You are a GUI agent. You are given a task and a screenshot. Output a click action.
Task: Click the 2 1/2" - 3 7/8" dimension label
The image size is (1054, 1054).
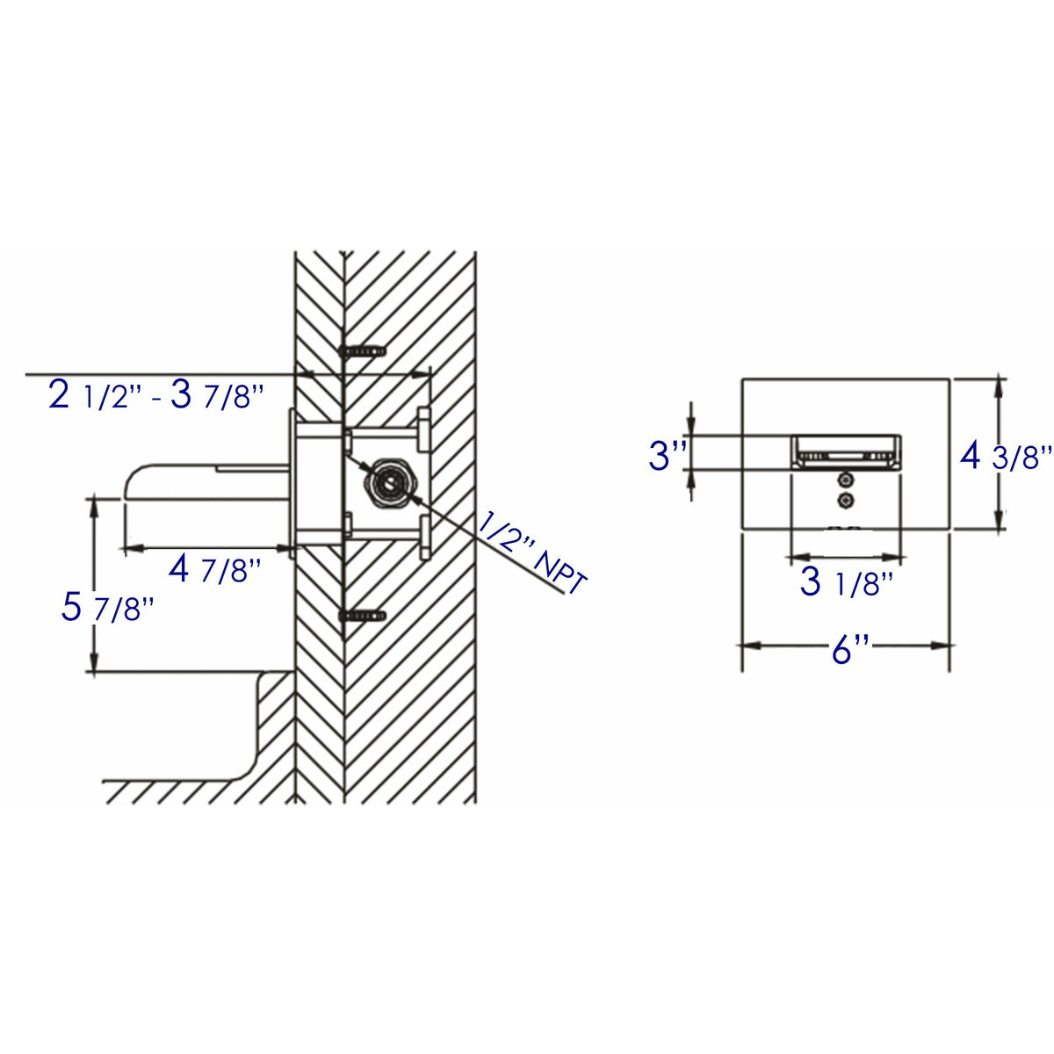[x=156, y=396]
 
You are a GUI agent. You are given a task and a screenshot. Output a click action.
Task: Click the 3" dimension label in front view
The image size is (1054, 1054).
[x=666, y=457]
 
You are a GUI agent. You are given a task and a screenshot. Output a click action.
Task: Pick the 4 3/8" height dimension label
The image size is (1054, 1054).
[x=1006, y=456]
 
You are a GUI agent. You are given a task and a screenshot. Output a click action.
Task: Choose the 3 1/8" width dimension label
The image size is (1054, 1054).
[x=846, y=583]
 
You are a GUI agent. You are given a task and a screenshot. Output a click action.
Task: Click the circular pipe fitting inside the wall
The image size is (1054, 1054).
[x=387, y=482]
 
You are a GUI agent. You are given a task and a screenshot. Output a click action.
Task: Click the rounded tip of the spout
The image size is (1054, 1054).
[x=131, y=483]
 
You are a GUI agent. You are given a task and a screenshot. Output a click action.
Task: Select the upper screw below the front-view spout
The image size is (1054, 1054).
[x=846, y=480]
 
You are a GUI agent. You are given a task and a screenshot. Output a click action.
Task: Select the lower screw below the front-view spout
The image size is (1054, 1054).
[x=846, y=500]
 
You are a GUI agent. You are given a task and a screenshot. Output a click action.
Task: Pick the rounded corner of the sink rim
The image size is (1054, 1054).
[x=263, y=681]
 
